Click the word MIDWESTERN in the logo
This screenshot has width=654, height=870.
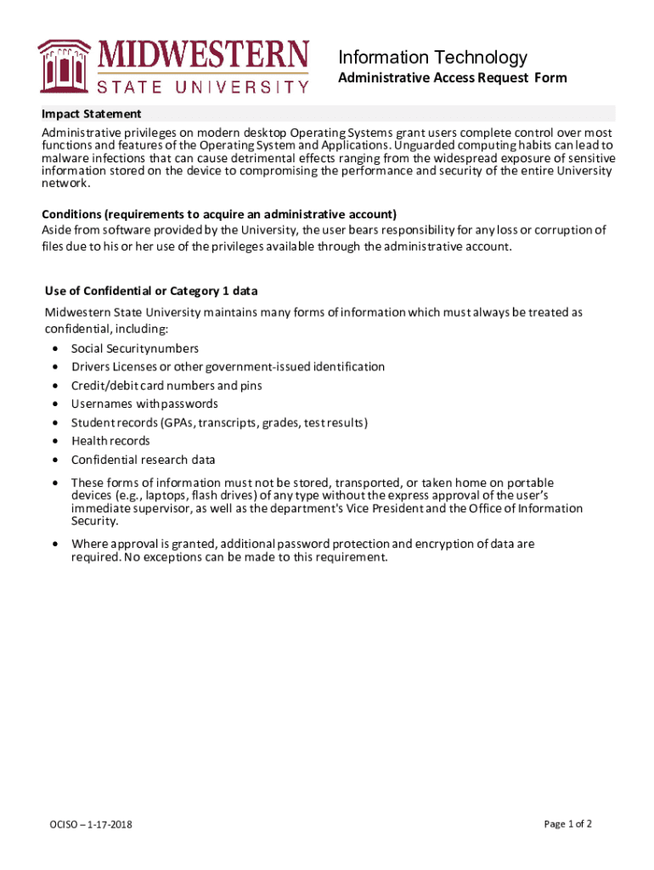click(x=205, y=56)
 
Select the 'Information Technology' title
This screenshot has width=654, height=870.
click(x=432, y=58)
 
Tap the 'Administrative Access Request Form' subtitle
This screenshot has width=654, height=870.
click(x=453, y=78)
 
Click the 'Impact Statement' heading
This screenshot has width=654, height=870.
click(x=92, y=114)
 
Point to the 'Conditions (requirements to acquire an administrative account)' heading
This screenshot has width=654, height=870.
click(x=220, y=213)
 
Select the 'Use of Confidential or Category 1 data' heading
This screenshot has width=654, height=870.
click(x=151, y=291)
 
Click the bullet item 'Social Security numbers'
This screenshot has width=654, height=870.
click(x=134, y=348)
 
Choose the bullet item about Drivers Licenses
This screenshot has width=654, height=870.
click(x=228, y=367)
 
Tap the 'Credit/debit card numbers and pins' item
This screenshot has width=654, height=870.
click(x=166, y=386)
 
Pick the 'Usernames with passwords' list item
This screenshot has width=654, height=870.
click(x=144, y=404)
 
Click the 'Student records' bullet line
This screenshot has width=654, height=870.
click(x=219, y=422)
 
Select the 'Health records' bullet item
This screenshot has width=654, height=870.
click(x=110, y=441)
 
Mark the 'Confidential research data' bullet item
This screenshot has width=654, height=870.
click(x=143, y=460)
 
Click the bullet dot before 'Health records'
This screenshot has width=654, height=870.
click(x=55, y=442)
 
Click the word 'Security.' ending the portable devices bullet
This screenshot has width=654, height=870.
click(x=94, y=521)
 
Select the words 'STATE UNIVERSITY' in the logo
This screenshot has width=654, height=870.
click(x=203, y=87)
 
